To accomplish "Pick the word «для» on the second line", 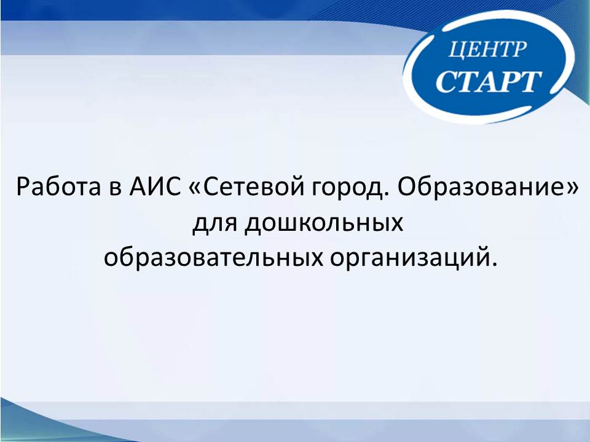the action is pos(215,225).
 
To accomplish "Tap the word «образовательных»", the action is pos(213,258).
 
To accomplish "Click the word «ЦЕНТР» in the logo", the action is pos(487,49).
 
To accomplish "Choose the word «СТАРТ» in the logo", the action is pos(489,81).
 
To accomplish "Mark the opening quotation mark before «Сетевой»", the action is pos(194,188).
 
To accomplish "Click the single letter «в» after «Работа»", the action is pos(115,189).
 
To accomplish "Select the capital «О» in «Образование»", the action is pos(406,187).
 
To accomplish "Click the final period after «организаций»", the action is pos(494,265).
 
